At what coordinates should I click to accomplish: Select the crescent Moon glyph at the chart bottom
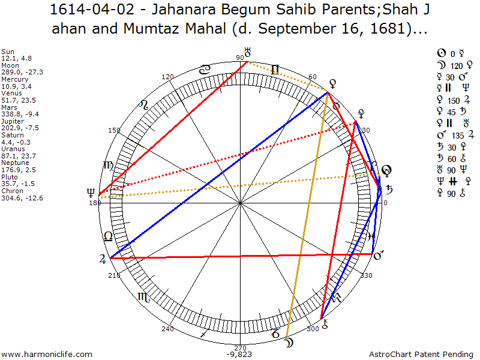[x=290, y=343]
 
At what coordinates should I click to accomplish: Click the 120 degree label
[x=168, y=77]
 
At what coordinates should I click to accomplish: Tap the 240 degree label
[x=167, y=329]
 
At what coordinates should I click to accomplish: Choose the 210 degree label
[x=115, y=275]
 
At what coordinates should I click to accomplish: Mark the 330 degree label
[x=365, y=275]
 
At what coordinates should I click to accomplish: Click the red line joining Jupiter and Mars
[x=240, y=256]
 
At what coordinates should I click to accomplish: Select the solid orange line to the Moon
[x=307, y=216]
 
